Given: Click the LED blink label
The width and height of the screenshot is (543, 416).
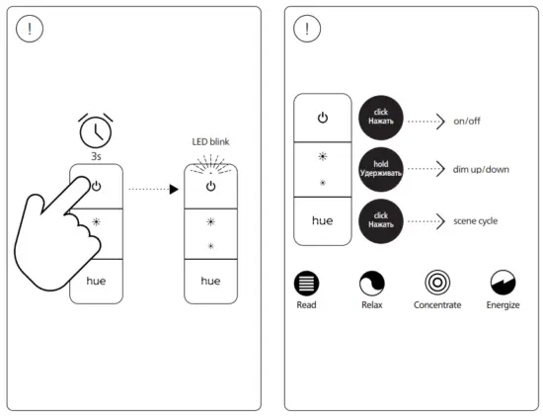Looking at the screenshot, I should click(210, 141).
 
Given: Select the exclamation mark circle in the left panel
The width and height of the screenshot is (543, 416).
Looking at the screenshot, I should click(30, 30).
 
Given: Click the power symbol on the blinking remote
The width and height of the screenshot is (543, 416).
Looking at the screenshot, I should click(210, 186).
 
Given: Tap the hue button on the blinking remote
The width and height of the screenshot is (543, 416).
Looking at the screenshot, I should click(210, 281).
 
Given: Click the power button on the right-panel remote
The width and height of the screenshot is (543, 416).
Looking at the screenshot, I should click(322, 119).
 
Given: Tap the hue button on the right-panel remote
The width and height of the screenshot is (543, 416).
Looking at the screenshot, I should click(322, 220).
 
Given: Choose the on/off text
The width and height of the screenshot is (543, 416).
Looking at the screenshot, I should click(468, 122).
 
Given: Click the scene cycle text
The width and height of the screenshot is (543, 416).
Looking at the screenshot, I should click(477, 219).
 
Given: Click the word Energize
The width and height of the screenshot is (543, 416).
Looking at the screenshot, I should click(504, 305).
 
